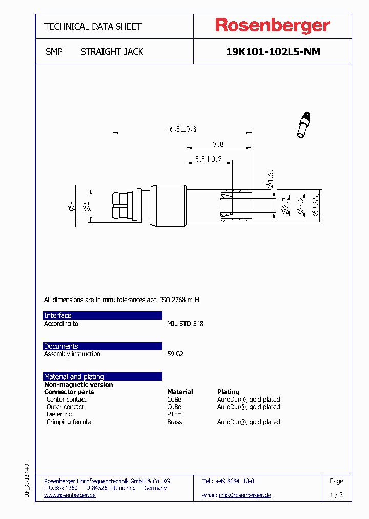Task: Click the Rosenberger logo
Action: (272, 26)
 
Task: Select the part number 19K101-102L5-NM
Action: (273, 52)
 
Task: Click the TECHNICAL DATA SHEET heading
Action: (93, 26)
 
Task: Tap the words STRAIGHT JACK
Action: (112, 52)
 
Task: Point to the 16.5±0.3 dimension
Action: (182, 129)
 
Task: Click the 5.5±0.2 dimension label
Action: (208, 159)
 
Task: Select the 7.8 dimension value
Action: (218, 145)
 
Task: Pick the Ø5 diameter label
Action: (72, 206)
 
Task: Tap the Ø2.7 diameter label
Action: (285, 208)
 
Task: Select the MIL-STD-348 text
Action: (185, 324)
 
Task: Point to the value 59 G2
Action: (175, 354)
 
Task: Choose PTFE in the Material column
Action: (174, 414)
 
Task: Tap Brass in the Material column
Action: (174, 422)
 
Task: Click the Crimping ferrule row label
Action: (68, 422)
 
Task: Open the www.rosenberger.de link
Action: (70, 495)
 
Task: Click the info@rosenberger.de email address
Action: (244, 495)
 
